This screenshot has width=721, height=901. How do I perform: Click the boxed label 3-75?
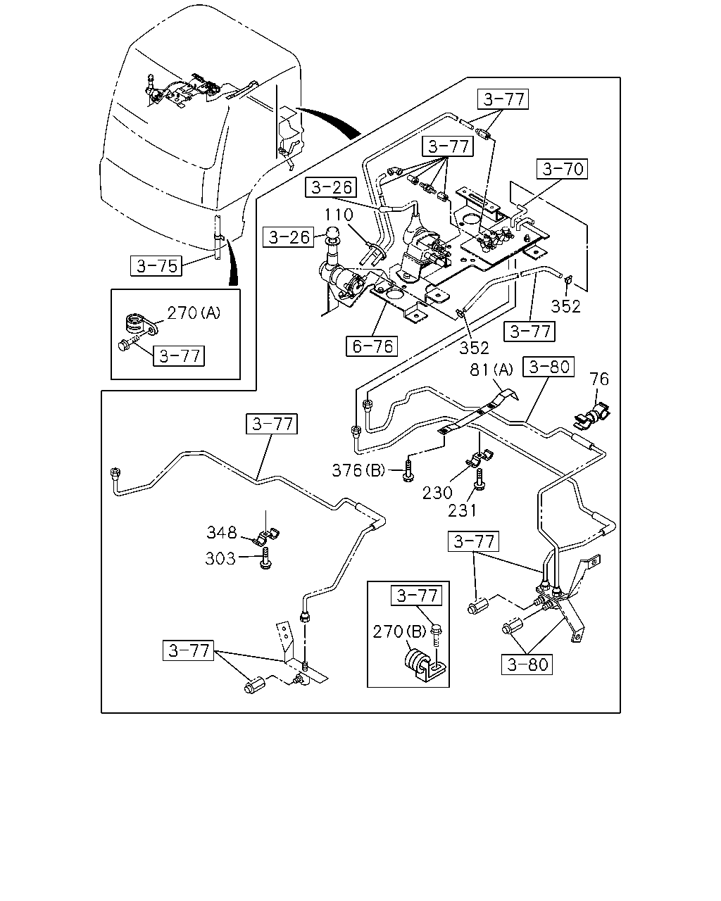pyautogui.click(x=156, y=266)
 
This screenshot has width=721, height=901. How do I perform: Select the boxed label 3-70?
pyautogui.click(x=562, y=169)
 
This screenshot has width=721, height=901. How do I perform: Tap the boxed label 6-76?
pyautogui.click(x=372, y=346)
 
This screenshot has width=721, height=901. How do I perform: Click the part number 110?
pyautogui.click(x=339, y=215)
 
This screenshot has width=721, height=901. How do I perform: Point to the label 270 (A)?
pyautogui.click(x=194, y=313)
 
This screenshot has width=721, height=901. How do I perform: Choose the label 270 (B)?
pyautogui.click(x=399, y=631)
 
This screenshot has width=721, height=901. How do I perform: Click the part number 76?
pyautogui.click(x=599, y=379)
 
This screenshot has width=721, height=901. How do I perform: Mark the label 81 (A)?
pyautogui.click(x=491, y=370)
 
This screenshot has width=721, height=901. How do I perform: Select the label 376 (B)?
pyautogui.click(x=358, y=471)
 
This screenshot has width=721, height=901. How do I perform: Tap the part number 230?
pyautogui.click(x=437, y=493)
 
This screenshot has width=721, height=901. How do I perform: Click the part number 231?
pyautogui.click(x=462, y=511)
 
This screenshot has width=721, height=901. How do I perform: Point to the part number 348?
pyautogui.click(x=222, y=533)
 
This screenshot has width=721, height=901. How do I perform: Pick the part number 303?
pyautogui.click(x=220, y=558)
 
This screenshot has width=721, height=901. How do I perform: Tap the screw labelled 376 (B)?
pyautogui.click(x=408, y=471)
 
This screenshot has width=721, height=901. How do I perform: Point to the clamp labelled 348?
pyautogui.click(x=267, y=537)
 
